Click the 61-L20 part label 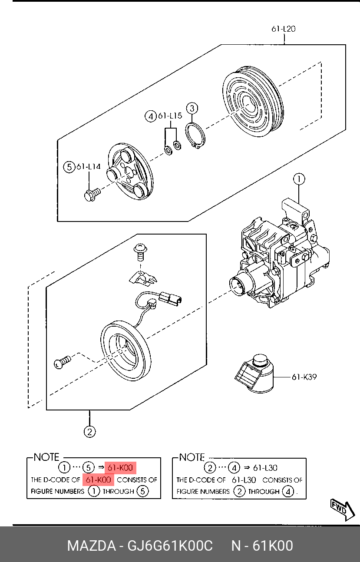284,29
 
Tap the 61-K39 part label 304,377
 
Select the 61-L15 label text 170,116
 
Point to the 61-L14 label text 88,167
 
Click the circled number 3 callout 192,109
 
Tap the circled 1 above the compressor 299,179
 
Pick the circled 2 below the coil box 89,432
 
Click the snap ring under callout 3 195,136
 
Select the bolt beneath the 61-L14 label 92,195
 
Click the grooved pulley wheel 253,101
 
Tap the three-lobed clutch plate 130,172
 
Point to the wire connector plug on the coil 171,298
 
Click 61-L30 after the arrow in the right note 265,468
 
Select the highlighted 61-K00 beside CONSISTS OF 98,480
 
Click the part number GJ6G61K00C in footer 170,545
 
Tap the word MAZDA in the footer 91,545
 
